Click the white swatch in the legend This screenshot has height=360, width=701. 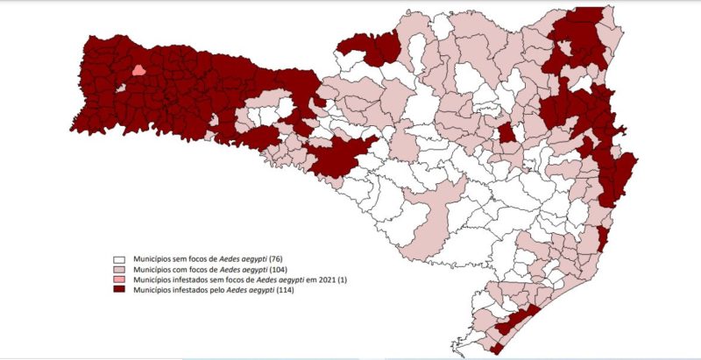pyautogui.click(x=117, y=260)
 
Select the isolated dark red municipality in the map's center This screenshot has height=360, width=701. pyautogui.click(x=506, y=133)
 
